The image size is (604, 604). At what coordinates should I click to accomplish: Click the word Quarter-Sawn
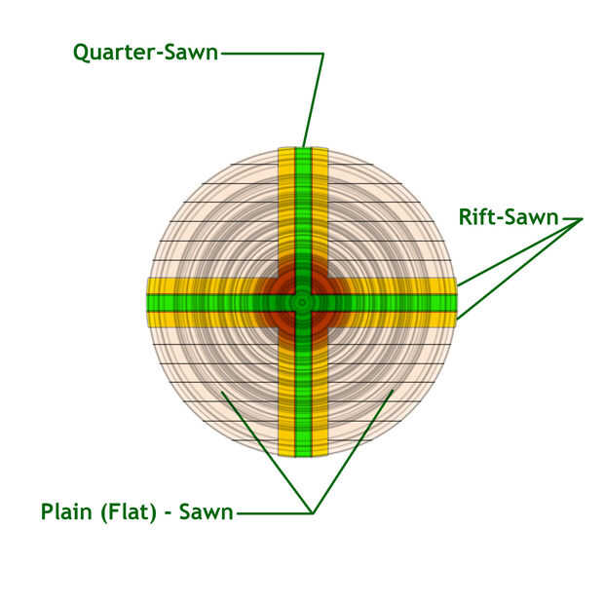145,53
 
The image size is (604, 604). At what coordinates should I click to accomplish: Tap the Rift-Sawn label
509,217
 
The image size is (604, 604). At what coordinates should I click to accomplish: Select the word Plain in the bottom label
66,511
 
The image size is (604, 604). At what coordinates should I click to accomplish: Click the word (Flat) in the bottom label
129,512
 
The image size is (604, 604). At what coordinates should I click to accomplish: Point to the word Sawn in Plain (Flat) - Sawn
207,512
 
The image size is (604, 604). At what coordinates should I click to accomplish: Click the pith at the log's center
302,302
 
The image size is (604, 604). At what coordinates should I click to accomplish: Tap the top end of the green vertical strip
303,148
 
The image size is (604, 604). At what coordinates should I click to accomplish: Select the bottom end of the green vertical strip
303,456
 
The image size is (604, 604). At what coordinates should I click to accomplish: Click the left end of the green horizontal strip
148,303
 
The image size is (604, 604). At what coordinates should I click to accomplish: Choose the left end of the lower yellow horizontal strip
149,320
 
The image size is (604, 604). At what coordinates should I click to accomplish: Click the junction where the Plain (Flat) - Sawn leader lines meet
313,513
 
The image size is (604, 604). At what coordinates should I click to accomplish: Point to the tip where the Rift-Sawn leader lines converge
582,219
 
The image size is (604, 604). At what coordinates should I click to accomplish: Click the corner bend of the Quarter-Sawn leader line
322,54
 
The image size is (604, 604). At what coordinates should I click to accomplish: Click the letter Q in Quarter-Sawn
81,54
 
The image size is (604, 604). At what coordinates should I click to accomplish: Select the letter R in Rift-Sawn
465,217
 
